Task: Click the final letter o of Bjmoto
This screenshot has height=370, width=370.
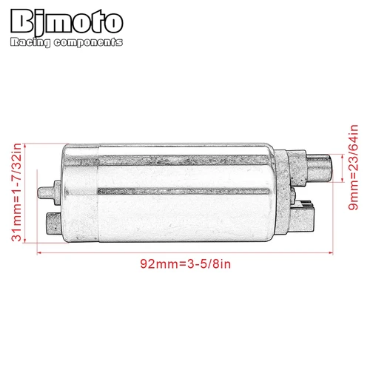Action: pos(112,21)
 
